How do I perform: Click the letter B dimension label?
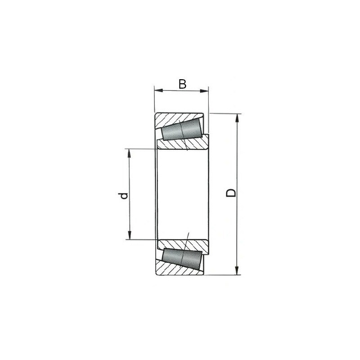(x=183, y=84)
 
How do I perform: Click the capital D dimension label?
(x=231, y=193)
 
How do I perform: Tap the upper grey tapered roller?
(x=182, y=129)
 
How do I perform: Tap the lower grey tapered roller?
(x=182, y=259)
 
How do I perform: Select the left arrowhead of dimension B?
(x=159, y=90)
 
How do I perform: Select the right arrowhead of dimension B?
(x=204, y=91)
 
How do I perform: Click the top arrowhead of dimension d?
(x=129, y=153)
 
